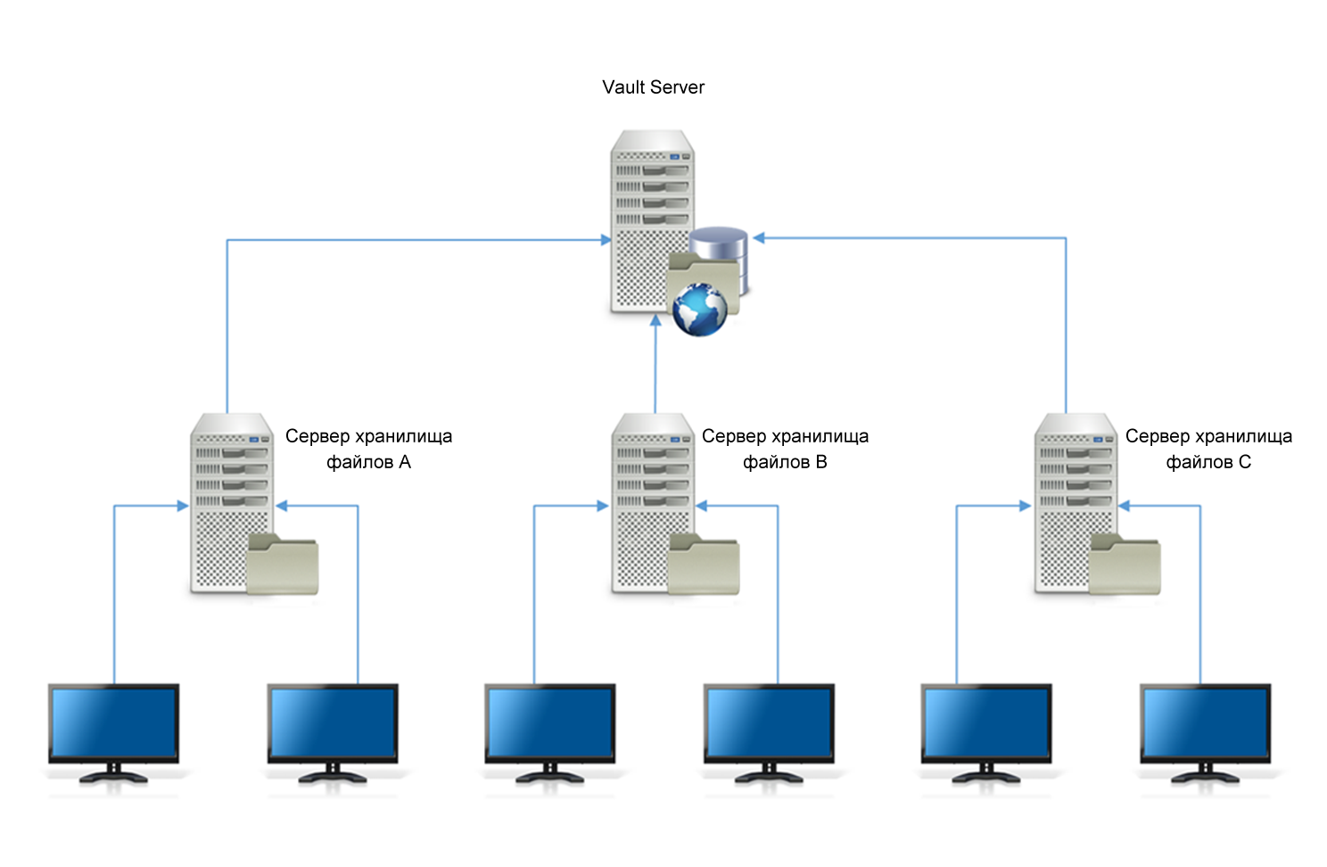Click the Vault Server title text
(653, 87)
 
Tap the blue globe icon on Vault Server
(700, 310)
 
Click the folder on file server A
(282, 566)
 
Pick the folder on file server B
(704, 566)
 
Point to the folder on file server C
(1125, 566)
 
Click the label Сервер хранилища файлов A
(368, 449)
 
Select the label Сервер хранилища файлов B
(785, 449)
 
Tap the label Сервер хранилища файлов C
(1208, 449)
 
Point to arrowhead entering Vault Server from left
(606, 240)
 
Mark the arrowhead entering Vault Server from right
(759, 238)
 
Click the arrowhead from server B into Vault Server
(655, 321)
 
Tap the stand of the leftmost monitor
(113, 774)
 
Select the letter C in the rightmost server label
(1245, 462)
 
